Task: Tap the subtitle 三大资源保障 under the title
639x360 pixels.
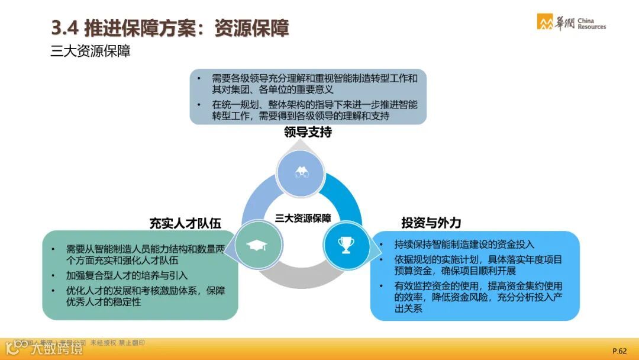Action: (90, 52)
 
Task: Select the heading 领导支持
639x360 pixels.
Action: (308, 133)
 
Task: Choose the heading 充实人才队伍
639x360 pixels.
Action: (185, 223)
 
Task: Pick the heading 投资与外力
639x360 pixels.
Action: (431, 223)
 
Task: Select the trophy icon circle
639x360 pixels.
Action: (345, 243)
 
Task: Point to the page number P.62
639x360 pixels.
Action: (619, 351)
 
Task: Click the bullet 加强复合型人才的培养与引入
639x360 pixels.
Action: (127, 275)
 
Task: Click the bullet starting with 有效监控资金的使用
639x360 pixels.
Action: (478, 297)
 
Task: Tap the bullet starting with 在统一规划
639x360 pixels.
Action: (315, 110)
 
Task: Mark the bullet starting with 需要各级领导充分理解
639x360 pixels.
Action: (315, 84)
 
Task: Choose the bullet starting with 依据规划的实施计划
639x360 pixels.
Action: (478, 265)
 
